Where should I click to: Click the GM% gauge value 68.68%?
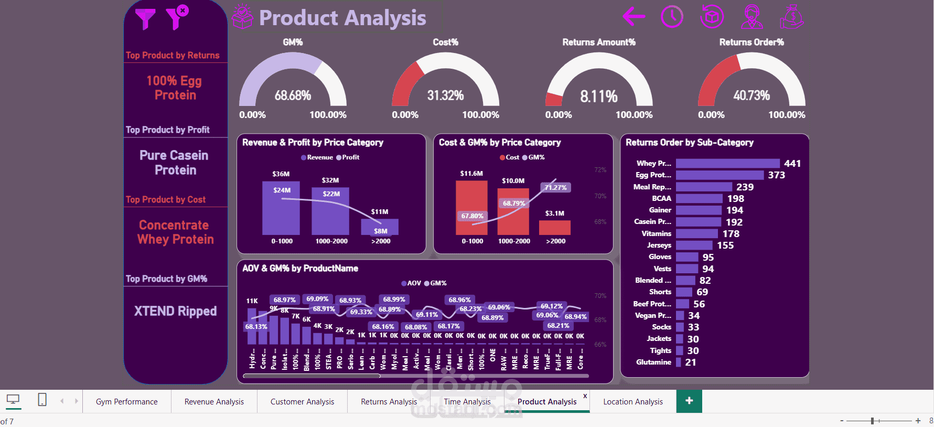(x=293, y=95)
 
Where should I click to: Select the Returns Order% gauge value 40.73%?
(x=751, y=95)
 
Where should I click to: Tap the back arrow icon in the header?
(x=634, y=17)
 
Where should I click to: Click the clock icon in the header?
(x=672, y=17)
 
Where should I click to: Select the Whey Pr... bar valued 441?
(x=727, y=164)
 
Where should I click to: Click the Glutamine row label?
(x=653, y=362)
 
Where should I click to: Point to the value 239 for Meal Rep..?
(x=745, y=187)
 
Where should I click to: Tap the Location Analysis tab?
(x=632, y=402)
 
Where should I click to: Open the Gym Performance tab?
(x=126, y=402)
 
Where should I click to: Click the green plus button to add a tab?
(x=689, y=401)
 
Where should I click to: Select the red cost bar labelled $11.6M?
(x=471, y=207)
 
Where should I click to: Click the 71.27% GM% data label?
(x=555, y=188)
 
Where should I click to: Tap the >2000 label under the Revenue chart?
(x=381, y=241)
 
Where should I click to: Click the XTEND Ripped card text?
(x=175, y=311)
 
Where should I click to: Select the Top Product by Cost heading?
(x=166, y=200)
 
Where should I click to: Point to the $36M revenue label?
(x=281, y=174)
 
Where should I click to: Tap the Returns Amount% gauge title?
(x=598, y=42)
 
